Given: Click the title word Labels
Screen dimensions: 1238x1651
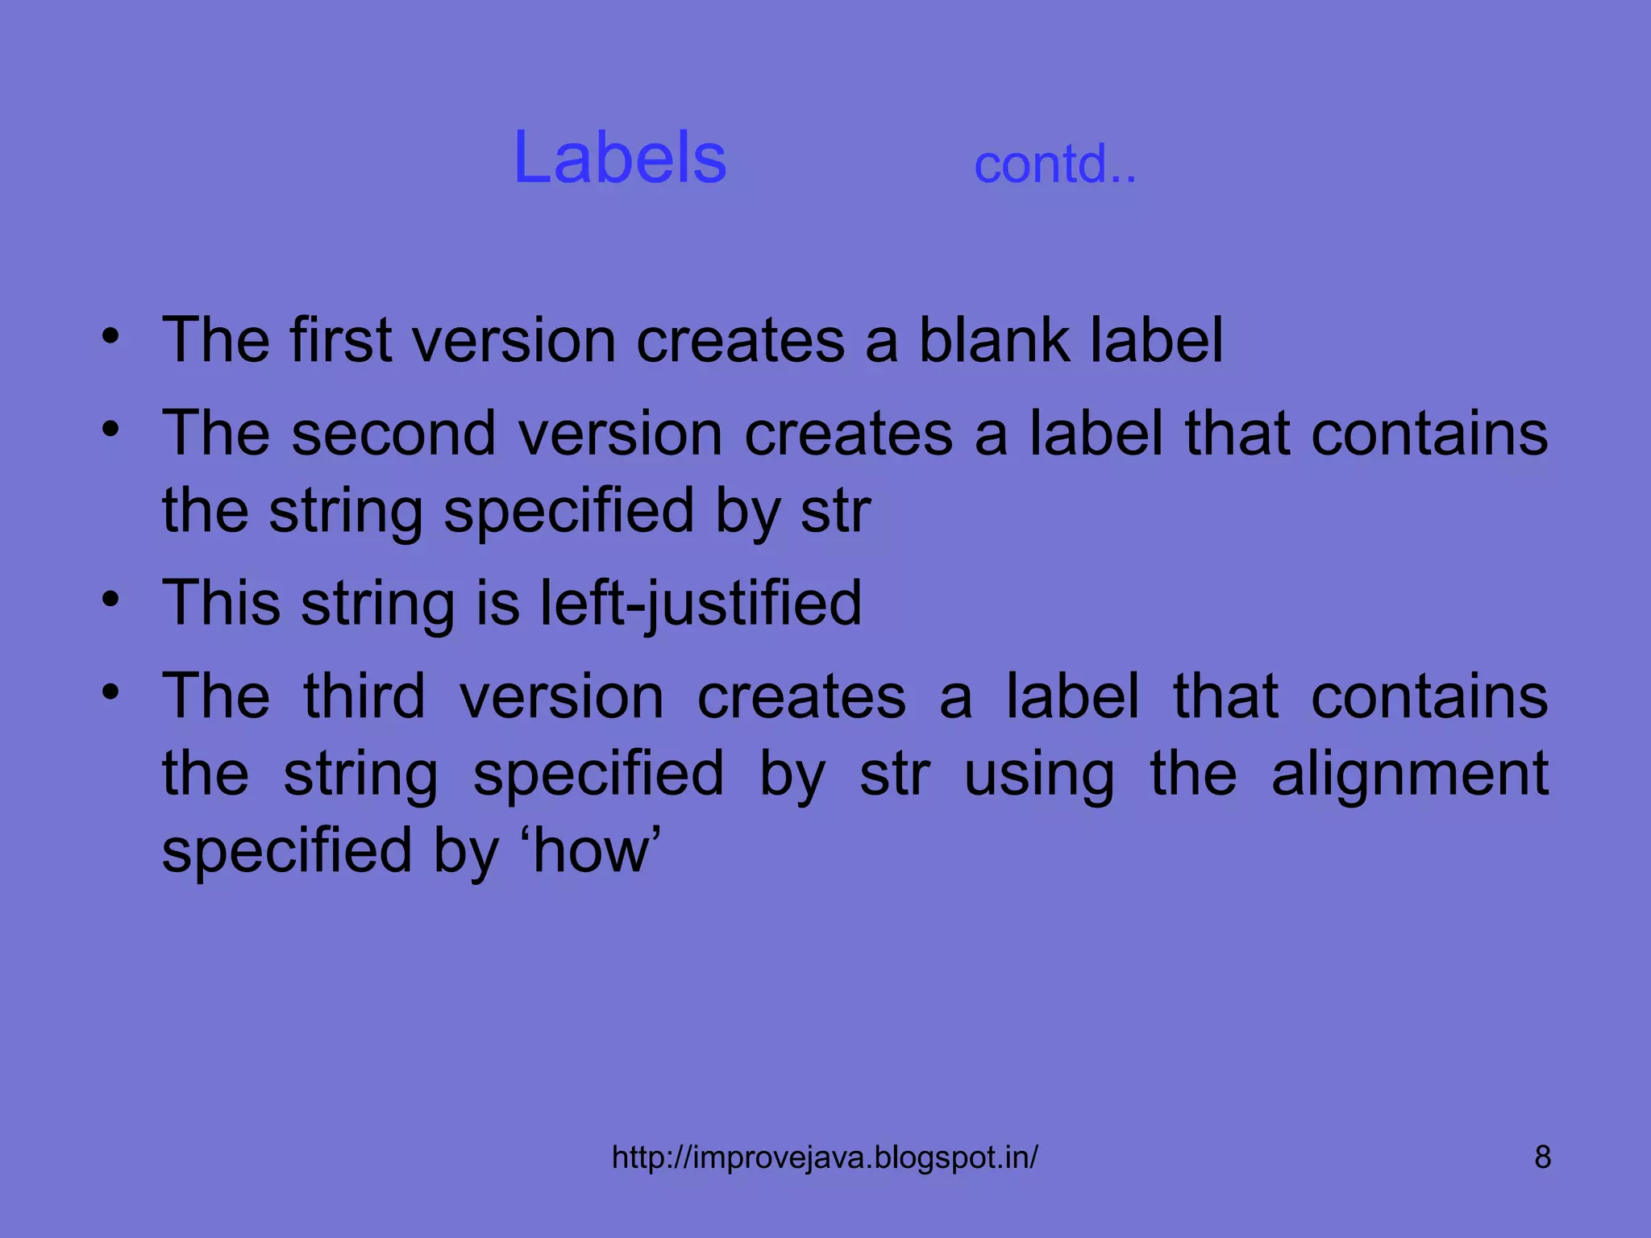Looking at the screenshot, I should (x=619, y=158).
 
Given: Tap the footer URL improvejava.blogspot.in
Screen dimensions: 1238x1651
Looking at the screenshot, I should (x=825, y=1157).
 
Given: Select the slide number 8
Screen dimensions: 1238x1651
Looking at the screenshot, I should (x=1542, y=1157).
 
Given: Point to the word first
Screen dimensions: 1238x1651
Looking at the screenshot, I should (x=341, y=340).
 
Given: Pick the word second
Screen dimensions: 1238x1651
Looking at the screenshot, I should (x=393, y=434).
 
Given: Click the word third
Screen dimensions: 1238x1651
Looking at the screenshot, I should (x=364, y=696).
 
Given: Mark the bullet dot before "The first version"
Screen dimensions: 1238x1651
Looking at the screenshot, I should (x=111, y=336).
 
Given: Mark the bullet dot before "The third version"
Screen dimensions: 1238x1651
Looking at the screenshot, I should (x=111, y=692).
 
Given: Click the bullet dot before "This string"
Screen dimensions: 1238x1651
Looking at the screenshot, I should (x=111, y=600).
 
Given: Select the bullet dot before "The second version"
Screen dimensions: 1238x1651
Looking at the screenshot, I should (x=111, y=430).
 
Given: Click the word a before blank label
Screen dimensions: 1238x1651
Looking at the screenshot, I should (x=880, y=342).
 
